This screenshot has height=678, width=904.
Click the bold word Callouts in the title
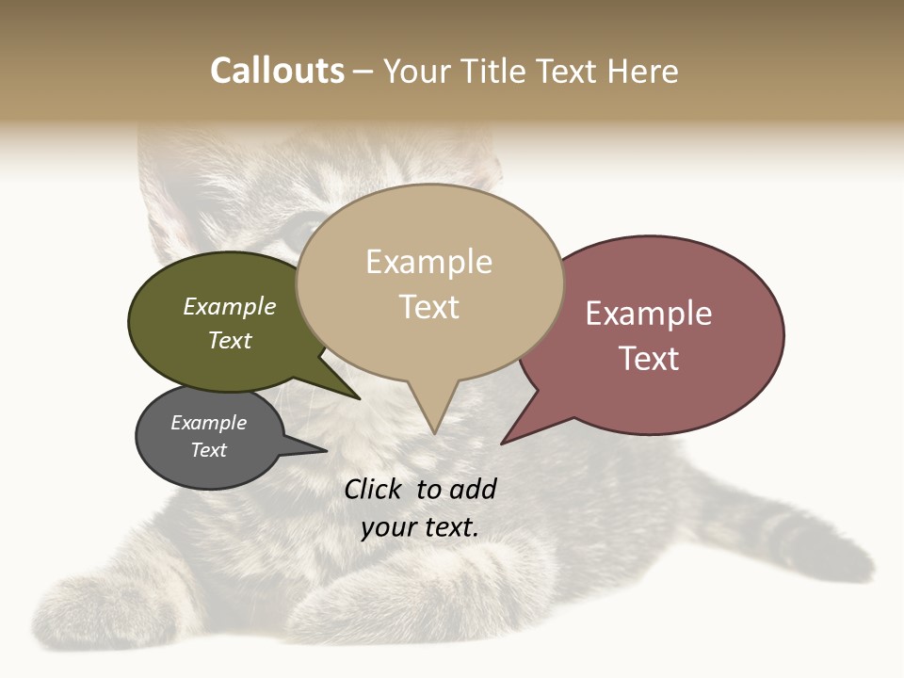[277, 71]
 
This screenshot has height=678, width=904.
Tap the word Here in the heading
[644, 71]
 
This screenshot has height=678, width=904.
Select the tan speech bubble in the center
[429, 282]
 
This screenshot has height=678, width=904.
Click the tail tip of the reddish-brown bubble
[502, 443]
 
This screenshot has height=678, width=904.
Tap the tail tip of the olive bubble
[359, 398]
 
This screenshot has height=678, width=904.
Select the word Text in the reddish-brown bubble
[649, 359]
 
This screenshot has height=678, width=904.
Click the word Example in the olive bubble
[229, 306]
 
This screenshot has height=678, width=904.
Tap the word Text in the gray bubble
[208, 450]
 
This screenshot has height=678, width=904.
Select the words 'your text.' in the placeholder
[420, 527]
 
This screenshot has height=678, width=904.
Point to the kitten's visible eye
[299, 229]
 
